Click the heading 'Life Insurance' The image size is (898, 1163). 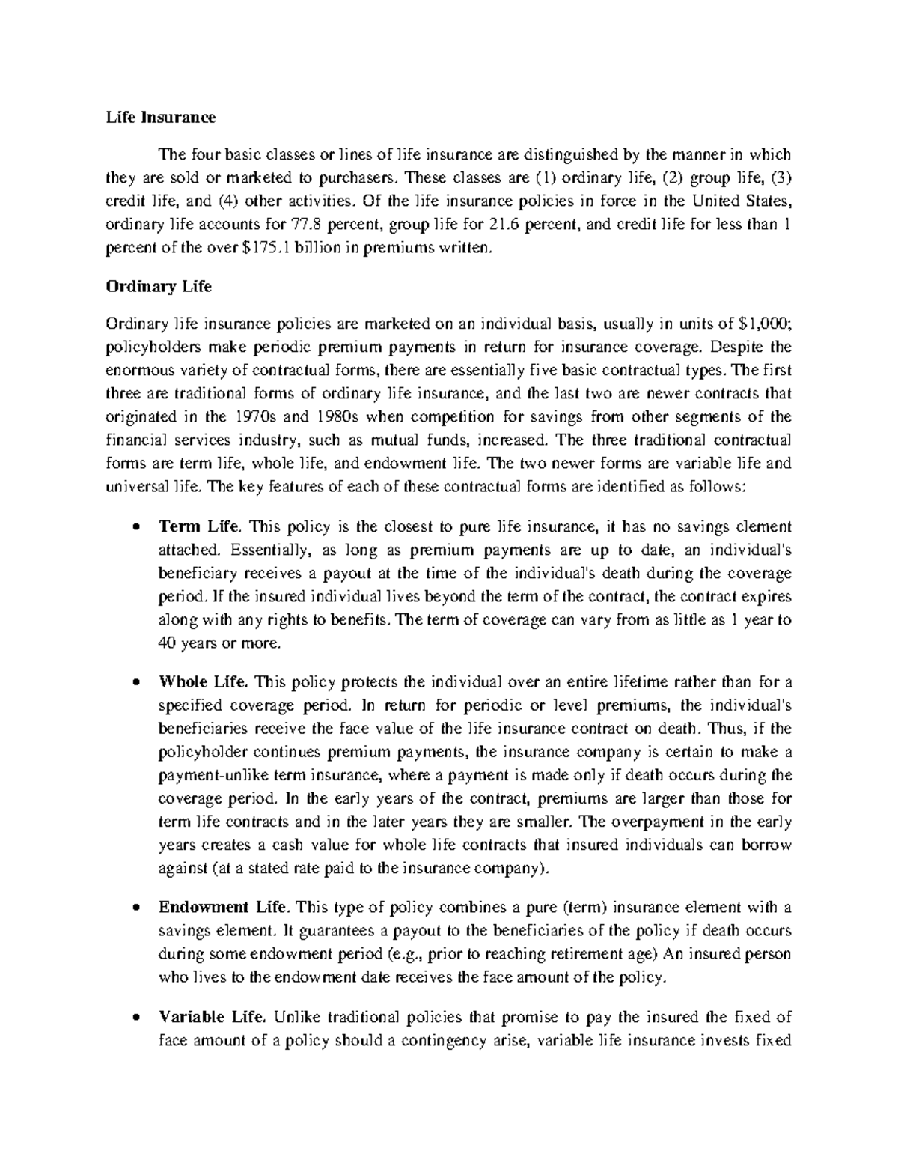(x=160, y=117)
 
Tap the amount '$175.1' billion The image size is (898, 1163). (x=266, y=248)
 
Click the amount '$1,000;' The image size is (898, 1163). (x=764, y=324)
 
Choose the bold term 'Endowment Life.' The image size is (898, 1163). (x=223, y=908)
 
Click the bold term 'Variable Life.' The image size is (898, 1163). (x=213, y=1017)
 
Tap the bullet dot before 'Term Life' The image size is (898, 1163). (x=135, y=528)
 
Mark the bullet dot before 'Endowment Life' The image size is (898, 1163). (x=135, y=908)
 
